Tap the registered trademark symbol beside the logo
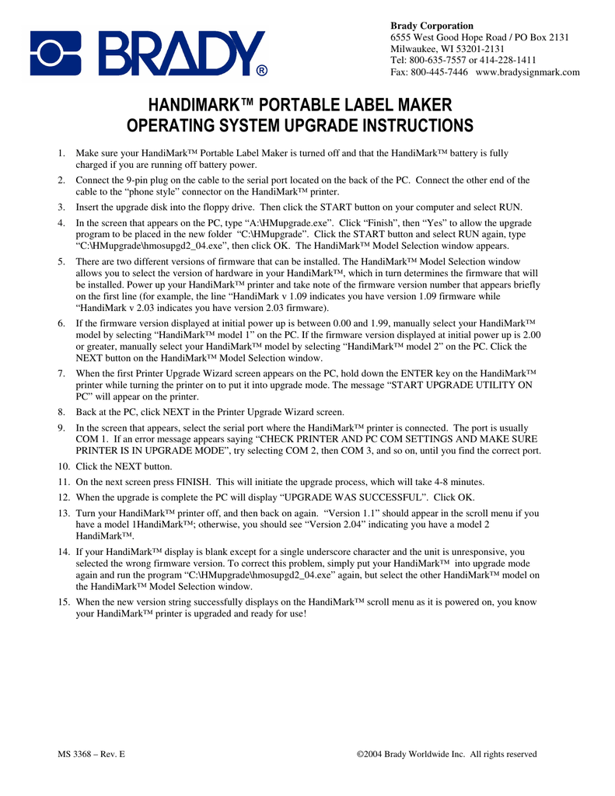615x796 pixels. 262,71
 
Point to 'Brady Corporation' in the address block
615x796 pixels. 431,26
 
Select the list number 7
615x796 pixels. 61,374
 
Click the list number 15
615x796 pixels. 63,602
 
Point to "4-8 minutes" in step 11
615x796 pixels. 459,481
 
